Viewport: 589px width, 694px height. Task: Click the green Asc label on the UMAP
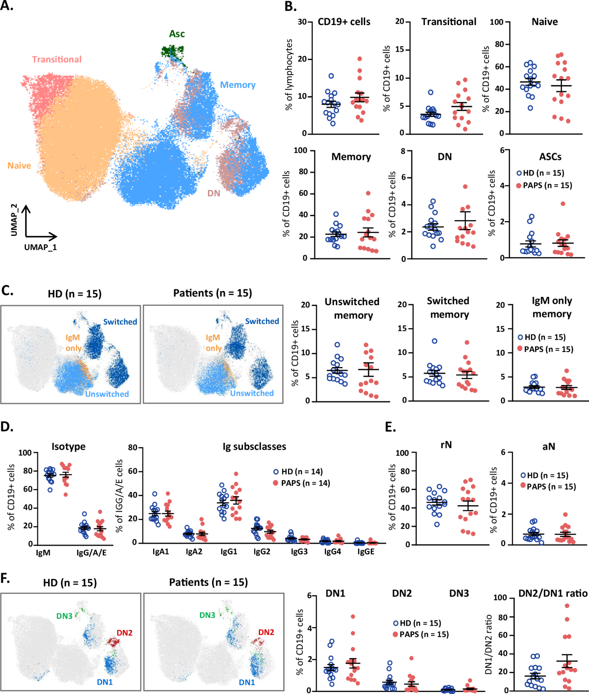click(x=177, y=34)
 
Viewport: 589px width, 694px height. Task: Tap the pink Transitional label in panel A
click(x=57, y=59)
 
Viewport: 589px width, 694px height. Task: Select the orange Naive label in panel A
click(x=19, y=166)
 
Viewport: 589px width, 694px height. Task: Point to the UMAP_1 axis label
click(x=40, y=247)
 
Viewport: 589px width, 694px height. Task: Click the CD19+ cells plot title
click(x=344, y=22)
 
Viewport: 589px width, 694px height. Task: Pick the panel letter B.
click(x=291, y=6)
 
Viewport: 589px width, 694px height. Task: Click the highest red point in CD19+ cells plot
click(x=360, y=59)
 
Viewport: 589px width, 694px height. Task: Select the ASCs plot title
click(x=550, y=157)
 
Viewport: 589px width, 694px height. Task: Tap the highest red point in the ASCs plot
click(x=563, y=203)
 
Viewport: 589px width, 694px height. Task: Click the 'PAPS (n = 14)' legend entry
click(x=301, y=483)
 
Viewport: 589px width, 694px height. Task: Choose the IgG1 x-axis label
click(x=229, y=551)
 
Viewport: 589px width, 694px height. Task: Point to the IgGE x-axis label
click(x=366, y=551)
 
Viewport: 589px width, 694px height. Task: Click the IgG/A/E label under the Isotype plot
click(x=91, y=552)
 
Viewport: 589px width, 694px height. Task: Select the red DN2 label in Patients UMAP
click(x=266, y=632)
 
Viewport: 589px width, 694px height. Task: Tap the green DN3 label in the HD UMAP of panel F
click(x=64, y=616)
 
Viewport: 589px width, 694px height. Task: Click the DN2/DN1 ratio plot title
click(x=553, y=593)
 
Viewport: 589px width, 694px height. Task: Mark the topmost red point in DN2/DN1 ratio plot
click(x=567, y=606)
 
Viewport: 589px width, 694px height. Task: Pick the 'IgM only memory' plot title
click(x=552, y=307)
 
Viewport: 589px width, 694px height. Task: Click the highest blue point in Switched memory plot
click(x=434, y=341)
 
